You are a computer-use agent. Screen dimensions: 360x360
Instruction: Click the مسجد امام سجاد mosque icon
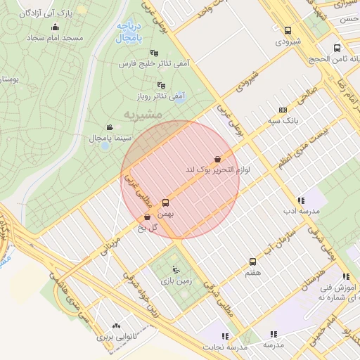click(56, 27)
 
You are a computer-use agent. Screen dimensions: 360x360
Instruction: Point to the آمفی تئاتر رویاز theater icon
click(161, 85)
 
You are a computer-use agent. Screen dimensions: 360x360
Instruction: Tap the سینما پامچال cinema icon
click(108, 127)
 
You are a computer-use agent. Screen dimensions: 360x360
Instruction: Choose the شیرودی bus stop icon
click(288, 30)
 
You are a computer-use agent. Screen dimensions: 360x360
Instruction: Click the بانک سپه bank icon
click(283, 110)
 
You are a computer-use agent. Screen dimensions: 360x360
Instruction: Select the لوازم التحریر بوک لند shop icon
click(217, 160)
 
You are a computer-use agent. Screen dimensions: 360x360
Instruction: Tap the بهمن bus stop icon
click(166, 202)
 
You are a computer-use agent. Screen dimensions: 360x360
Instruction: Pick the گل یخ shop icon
click(147, 217)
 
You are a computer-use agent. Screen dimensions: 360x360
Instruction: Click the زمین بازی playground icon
click(176, 270)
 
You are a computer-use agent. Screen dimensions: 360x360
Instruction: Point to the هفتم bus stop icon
click(252, 262)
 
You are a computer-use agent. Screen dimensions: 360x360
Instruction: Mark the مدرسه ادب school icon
click(301, 200)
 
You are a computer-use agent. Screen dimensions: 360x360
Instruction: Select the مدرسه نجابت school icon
click(226, 336)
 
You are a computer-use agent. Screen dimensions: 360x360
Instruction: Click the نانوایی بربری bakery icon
click(115, 326)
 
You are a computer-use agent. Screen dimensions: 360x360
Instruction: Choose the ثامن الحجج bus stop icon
click(337, 49)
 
